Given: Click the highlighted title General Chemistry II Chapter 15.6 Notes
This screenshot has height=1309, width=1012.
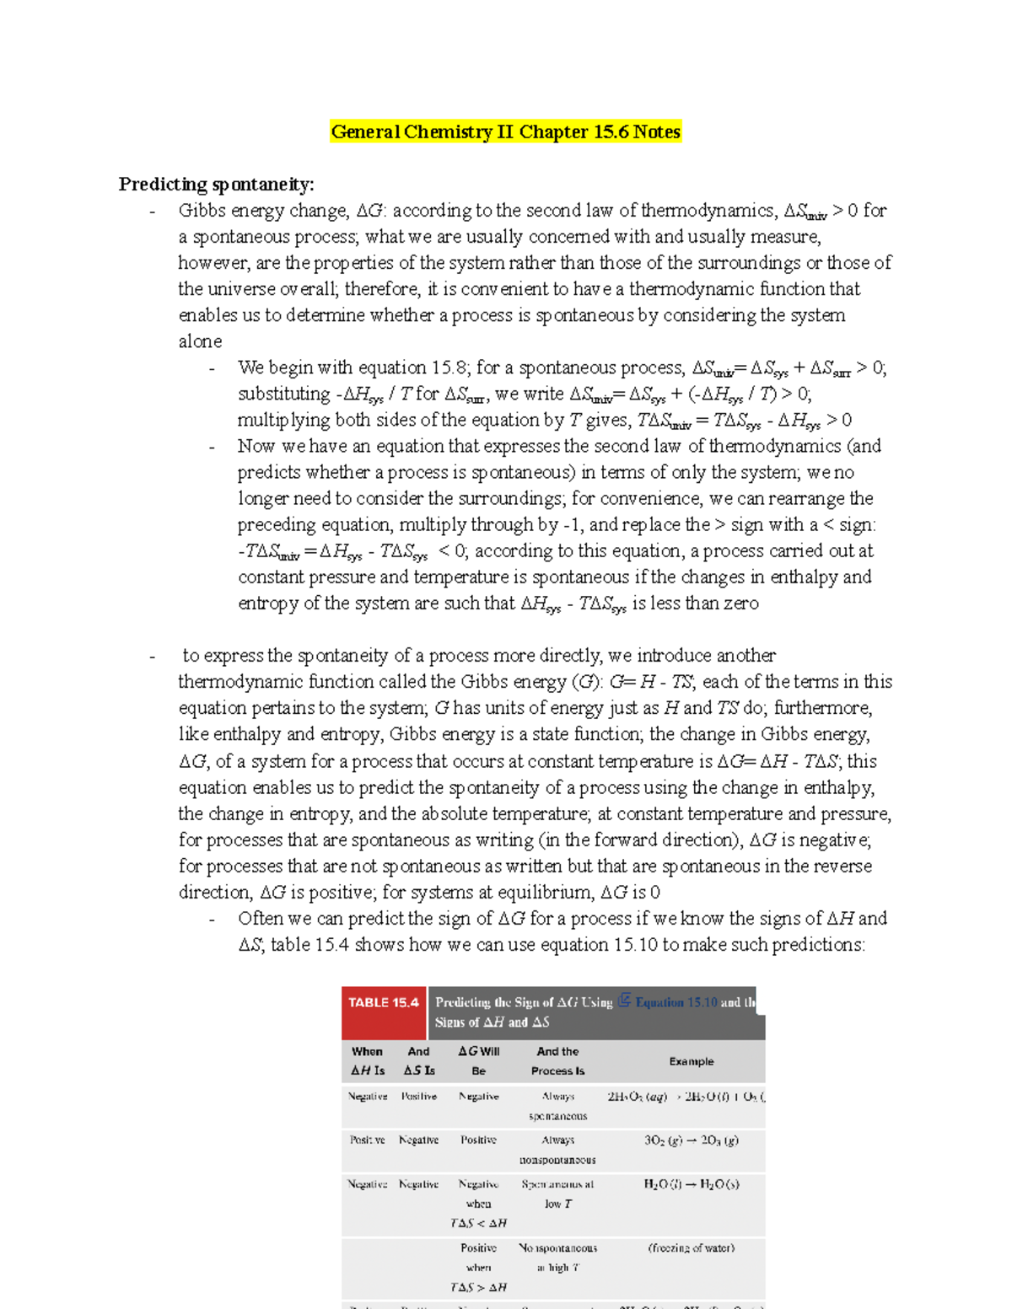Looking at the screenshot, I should click(505, 131).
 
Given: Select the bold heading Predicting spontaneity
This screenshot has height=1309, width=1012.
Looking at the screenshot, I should click(216, 184).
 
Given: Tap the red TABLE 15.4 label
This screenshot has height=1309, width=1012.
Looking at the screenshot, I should click(384, 1003).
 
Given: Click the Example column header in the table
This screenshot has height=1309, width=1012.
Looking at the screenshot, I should click(691, 1061).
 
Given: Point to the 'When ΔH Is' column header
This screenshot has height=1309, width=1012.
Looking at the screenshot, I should click(368, 1061).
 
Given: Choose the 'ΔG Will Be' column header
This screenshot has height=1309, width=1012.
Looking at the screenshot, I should click(478, 1061).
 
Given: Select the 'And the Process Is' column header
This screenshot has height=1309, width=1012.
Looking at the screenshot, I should click(557, 1061).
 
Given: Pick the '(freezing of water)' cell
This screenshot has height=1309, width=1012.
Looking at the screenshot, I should click(691, 1248).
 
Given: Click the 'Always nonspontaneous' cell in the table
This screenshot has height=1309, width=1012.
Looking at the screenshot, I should click(557, 1150).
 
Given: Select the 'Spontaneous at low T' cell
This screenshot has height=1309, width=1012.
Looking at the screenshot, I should click(557, 1194).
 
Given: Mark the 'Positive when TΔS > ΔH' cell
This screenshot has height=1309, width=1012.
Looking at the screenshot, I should click(478, 1267).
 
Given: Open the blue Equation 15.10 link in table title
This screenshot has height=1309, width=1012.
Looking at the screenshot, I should click(676, 1002).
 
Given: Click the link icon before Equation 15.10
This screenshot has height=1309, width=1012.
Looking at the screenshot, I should click(625, 1001).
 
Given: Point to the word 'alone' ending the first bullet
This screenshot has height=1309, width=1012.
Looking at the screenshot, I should click(200, 341).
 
